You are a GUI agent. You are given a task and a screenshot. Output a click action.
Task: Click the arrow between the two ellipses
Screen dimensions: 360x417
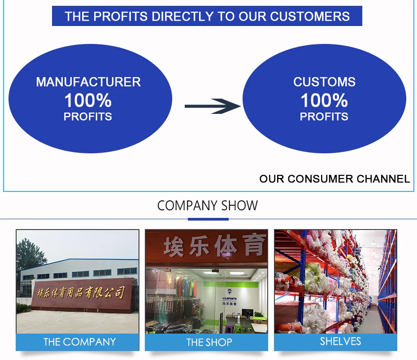[x=213, y=106]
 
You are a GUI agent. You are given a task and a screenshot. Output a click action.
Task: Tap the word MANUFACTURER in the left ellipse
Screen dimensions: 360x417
[x=88, y=82]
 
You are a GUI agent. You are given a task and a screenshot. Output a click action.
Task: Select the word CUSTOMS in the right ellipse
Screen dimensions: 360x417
[x=324, y=82]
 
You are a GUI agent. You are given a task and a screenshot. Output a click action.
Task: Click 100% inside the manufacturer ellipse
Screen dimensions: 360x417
[x=88, y=100]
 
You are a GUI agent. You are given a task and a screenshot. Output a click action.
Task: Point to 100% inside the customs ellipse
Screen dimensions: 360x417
[x=324, y=100]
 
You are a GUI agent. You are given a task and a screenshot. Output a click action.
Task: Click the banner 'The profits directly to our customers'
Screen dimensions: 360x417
[x=207, y=17]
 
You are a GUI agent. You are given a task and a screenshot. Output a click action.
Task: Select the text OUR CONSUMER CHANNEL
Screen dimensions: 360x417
[x=334, y=179]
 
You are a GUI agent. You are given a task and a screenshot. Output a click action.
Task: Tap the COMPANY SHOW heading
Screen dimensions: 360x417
[x=208, y=206]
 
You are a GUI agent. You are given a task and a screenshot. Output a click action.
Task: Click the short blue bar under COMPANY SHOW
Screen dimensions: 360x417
[x=208, y=219]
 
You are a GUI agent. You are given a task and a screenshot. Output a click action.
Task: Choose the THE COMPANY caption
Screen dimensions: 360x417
[x=79, y=342]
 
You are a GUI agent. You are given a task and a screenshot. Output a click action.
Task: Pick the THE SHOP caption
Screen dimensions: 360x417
[x=209, y=343]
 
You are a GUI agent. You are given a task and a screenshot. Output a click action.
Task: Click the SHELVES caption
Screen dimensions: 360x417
[x=340, y=342]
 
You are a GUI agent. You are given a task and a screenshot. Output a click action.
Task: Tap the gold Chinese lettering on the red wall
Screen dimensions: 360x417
[x=80, y=293]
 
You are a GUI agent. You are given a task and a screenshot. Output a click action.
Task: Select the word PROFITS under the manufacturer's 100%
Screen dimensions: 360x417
[x=88, y=117]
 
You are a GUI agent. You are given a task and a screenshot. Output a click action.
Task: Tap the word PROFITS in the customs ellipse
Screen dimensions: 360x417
[x=324, y=117]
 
